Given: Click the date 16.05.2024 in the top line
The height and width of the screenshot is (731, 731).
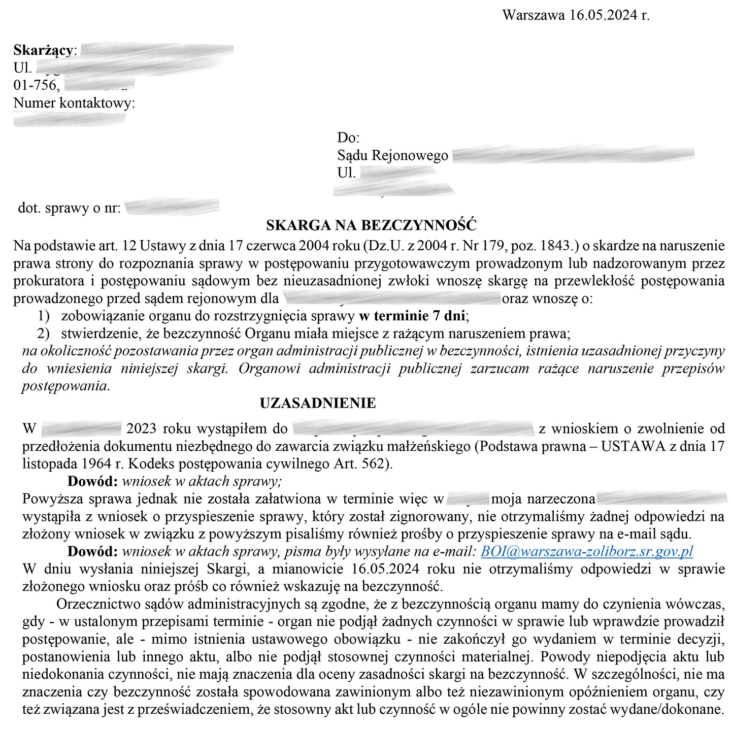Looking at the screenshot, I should point(603,15).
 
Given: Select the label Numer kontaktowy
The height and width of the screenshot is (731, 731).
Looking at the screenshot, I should point(74,103).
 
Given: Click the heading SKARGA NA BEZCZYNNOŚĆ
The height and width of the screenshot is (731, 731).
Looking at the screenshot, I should point(371,225).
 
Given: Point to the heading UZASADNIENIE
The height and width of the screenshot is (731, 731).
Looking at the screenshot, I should point(318,403).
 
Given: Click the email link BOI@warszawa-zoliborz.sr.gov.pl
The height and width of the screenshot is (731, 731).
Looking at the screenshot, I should point(586,551).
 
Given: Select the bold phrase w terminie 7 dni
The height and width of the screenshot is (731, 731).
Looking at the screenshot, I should point(412,316).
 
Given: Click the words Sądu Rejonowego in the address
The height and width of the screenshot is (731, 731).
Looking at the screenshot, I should point(392,155).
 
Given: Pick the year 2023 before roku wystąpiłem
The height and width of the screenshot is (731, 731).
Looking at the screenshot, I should point(141,428).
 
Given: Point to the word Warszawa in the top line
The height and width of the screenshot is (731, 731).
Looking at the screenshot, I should point(533,15).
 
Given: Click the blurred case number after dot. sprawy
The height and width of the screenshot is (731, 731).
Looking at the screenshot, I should point(172,207).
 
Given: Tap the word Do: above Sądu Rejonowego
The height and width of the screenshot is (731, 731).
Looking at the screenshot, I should point(348,138).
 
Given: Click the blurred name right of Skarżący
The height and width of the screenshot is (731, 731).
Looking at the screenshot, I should point(156,50).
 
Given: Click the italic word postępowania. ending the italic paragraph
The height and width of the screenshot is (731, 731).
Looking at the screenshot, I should point(65,386).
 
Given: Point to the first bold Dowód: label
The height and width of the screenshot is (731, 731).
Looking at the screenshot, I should point(92,481).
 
